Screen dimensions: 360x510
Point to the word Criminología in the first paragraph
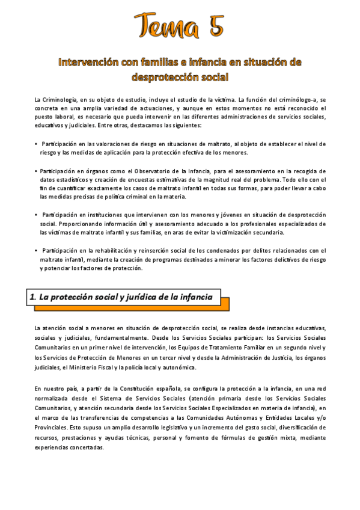59,99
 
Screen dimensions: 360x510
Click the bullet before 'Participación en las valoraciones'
36,144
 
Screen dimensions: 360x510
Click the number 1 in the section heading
33,296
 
